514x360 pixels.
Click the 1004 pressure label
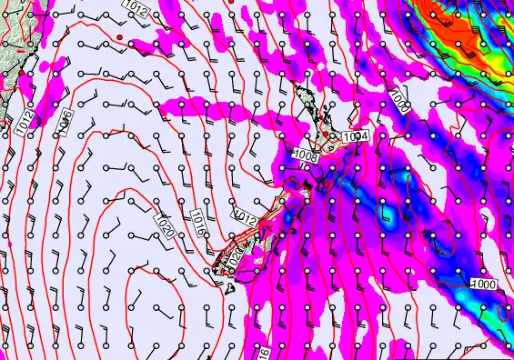[x=357, y=136]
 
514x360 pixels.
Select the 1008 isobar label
[x=307, y=155]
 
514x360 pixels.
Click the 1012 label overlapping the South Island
[x=243, y=215]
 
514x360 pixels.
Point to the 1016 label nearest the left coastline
[x=66, y=118]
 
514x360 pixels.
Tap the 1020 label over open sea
[x=166, y=227]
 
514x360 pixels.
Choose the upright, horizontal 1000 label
[x=483, y=284]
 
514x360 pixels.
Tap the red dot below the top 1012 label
[x=119, y=36]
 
